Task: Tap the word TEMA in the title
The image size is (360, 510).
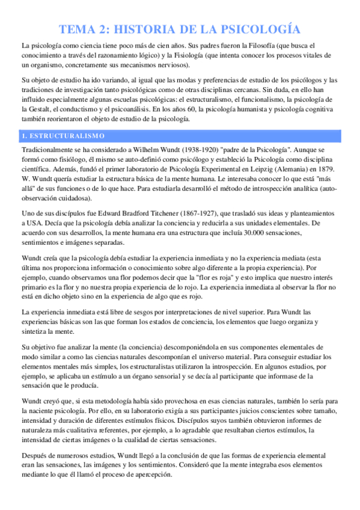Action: click(81, 29)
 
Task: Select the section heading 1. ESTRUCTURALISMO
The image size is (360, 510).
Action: click(63, 135)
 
